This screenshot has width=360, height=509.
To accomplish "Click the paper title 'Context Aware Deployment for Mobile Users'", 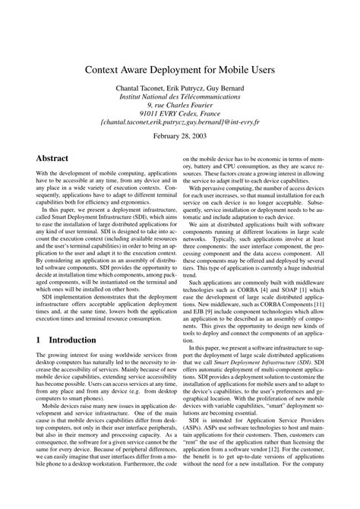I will (180, 70).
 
